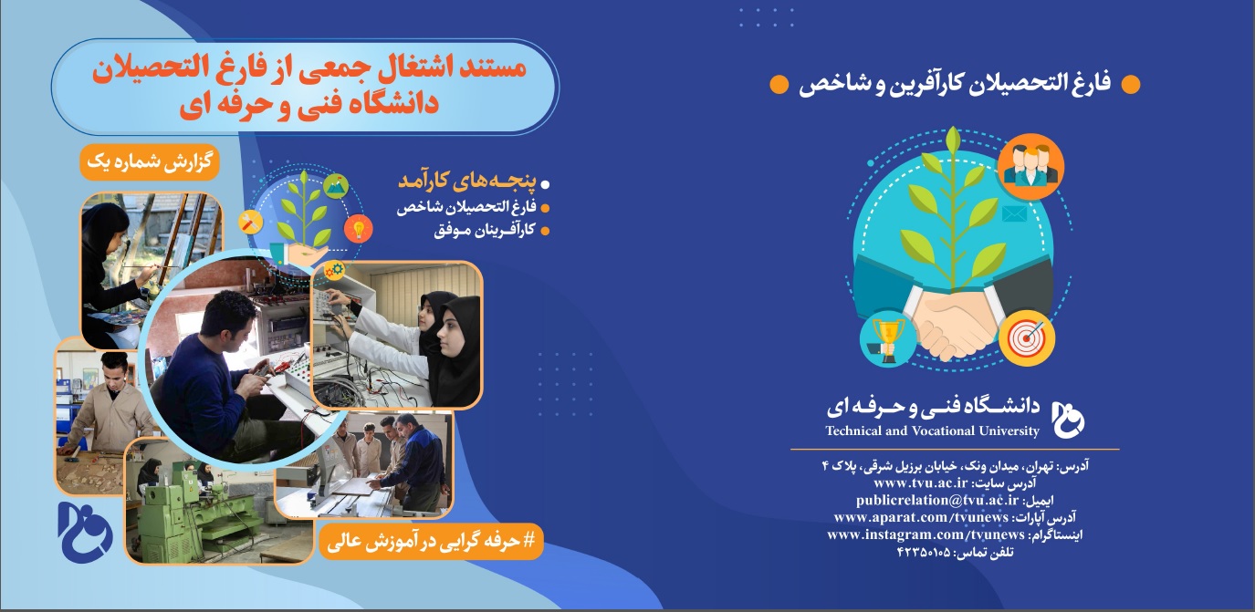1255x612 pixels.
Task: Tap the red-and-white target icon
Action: [1027, 338]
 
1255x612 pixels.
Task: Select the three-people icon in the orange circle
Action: [1030, 166]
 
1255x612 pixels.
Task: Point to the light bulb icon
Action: [359, 229]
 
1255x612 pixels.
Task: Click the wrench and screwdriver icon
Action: [250, 223]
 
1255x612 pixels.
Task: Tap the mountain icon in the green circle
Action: [336, 186]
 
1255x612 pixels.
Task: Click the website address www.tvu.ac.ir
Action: [921, 482]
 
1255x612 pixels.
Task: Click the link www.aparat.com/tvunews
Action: [921, 517]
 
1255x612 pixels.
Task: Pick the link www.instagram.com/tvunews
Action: [926, 534]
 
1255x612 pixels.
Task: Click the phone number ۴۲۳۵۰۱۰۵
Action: [924, 553]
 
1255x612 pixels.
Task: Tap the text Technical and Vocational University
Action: [932, 431]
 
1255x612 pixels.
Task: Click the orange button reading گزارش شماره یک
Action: [150, 162]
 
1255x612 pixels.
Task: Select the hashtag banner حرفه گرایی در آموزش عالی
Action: [431, 542]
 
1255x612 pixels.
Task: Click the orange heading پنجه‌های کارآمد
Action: [467, 181]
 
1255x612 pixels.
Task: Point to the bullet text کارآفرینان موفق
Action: [484, 230]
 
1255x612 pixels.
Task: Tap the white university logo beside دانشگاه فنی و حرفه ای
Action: [1068, 420]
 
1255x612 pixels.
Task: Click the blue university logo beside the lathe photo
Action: [85, 532]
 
